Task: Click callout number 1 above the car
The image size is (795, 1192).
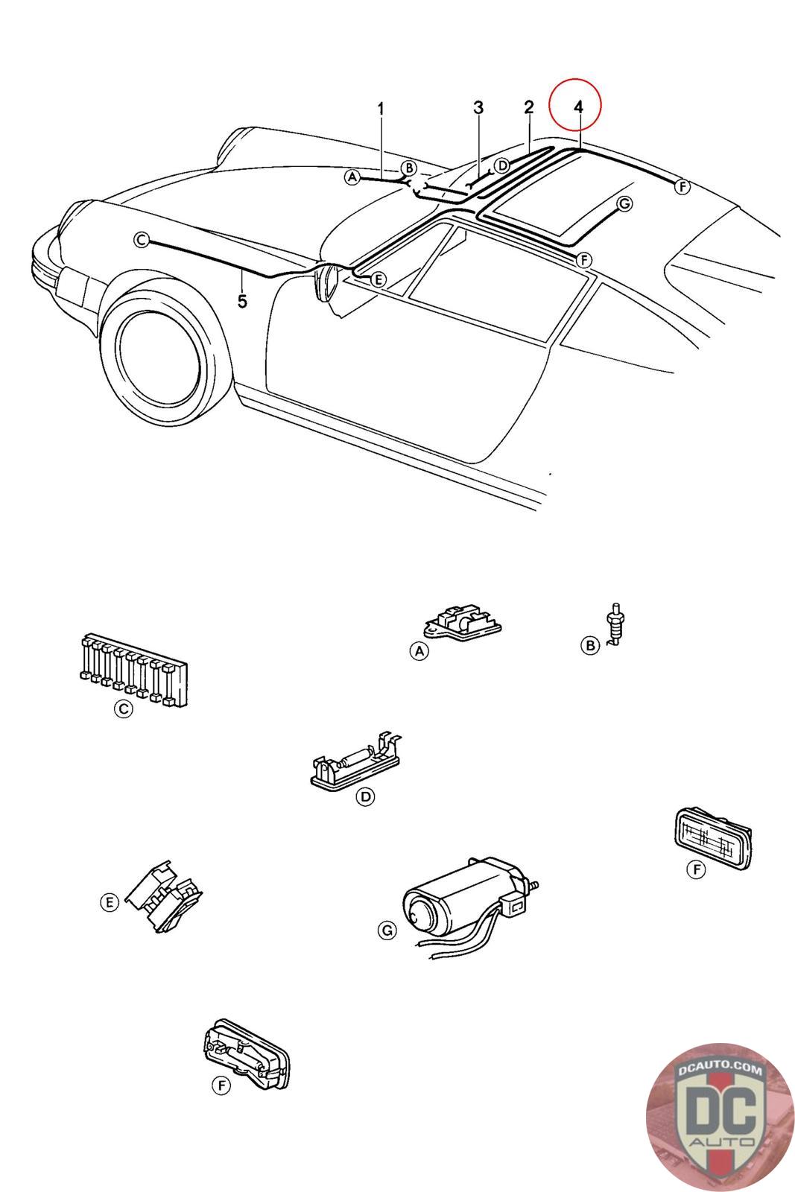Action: click(x=381, y=109)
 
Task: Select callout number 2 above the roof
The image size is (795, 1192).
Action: click(x=528, y=107)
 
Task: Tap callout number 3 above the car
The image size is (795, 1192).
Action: click(x=478, y=107)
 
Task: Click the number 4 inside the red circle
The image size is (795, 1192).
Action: click(x=578, y=107)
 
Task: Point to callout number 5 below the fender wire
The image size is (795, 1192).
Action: click(x=242, y=302)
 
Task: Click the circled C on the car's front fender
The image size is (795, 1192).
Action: click(x=141, y=241)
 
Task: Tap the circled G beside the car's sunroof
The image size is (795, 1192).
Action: click(x=624, y=204)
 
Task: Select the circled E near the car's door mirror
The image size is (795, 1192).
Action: click(x=378, y=279)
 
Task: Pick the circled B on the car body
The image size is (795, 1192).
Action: click(x=409, y=168)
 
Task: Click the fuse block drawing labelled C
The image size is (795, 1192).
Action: click(x=133, y=670)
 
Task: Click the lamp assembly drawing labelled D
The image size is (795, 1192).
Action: click(x=356, y=761)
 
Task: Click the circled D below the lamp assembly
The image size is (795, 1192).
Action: click(x=366, y=796)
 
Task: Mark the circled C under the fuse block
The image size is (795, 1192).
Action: click(x=124, y=708)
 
